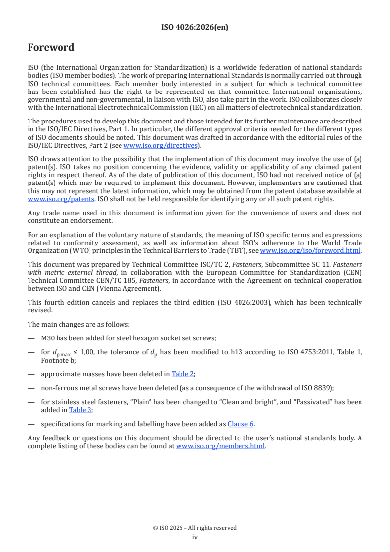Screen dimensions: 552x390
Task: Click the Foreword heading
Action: [51, 48]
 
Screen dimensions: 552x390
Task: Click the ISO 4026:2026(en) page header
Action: [195, 28]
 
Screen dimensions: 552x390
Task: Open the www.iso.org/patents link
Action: [48, 199]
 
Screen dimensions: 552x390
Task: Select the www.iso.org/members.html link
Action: [220, 446]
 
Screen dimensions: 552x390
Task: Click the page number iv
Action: [195, 537]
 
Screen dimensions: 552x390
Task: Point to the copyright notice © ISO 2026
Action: [195, 528]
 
